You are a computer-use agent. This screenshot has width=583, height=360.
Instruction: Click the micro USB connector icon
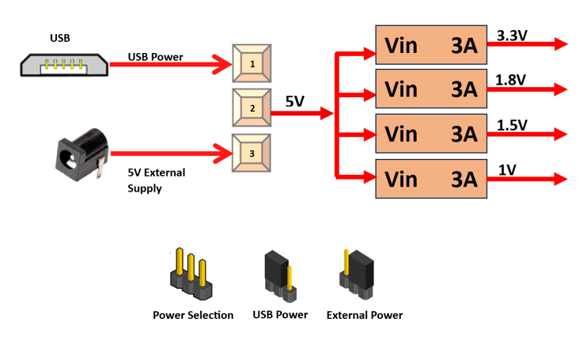click(x=64, y=64)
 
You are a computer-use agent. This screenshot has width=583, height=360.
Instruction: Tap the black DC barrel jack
click(x=81, y=155)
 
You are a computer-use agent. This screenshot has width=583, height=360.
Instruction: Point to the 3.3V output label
click(x=512, y=36)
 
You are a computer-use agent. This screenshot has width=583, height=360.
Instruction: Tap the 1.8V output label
click(x=511, y=80)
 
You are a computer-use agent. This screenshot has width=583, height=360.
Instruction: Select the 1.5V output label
click(x=511, y=125)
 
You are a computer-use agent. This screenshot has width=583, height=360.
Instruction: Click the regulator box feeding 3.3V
click(x=430, y=45)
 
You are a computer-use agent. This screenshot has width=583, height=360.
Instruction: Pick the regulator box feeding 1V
click(x=430, y=180)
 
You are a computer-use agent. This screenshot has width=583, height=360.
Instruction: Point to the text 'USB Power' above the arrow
click(x=155, y=58)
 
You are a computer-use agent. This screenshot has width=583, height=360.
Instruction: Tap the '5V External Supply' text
click(x=156, y=180)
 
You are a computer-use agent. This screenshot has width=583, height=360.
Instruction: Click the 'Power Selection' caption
click(x=193, y=315)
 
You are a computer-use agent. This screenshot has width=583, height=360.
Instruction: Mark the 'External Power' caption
click(x=365, y=315)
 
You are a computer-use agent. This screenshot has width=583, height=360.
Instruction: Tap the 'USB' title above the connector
click(x=59, y=38)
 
